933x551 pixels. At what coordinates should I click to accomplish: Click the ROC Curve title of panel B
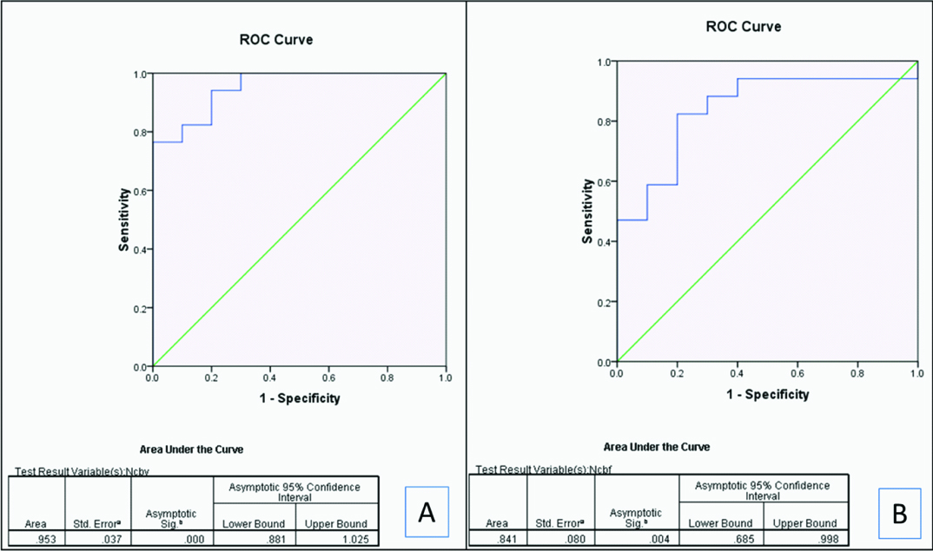743,27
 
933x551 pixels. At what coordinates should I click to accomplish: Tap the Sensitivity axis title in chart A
126,220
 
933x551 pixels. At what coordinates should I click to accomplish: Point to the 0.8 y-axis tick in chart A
139,133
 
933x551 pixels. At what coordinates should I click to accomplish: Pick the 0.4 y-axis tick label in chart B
604,242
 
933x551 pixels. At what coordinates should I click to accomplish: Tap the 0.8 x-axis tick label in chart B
857,374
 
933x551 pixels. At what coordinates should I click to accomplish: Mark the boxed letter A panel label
427,511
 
